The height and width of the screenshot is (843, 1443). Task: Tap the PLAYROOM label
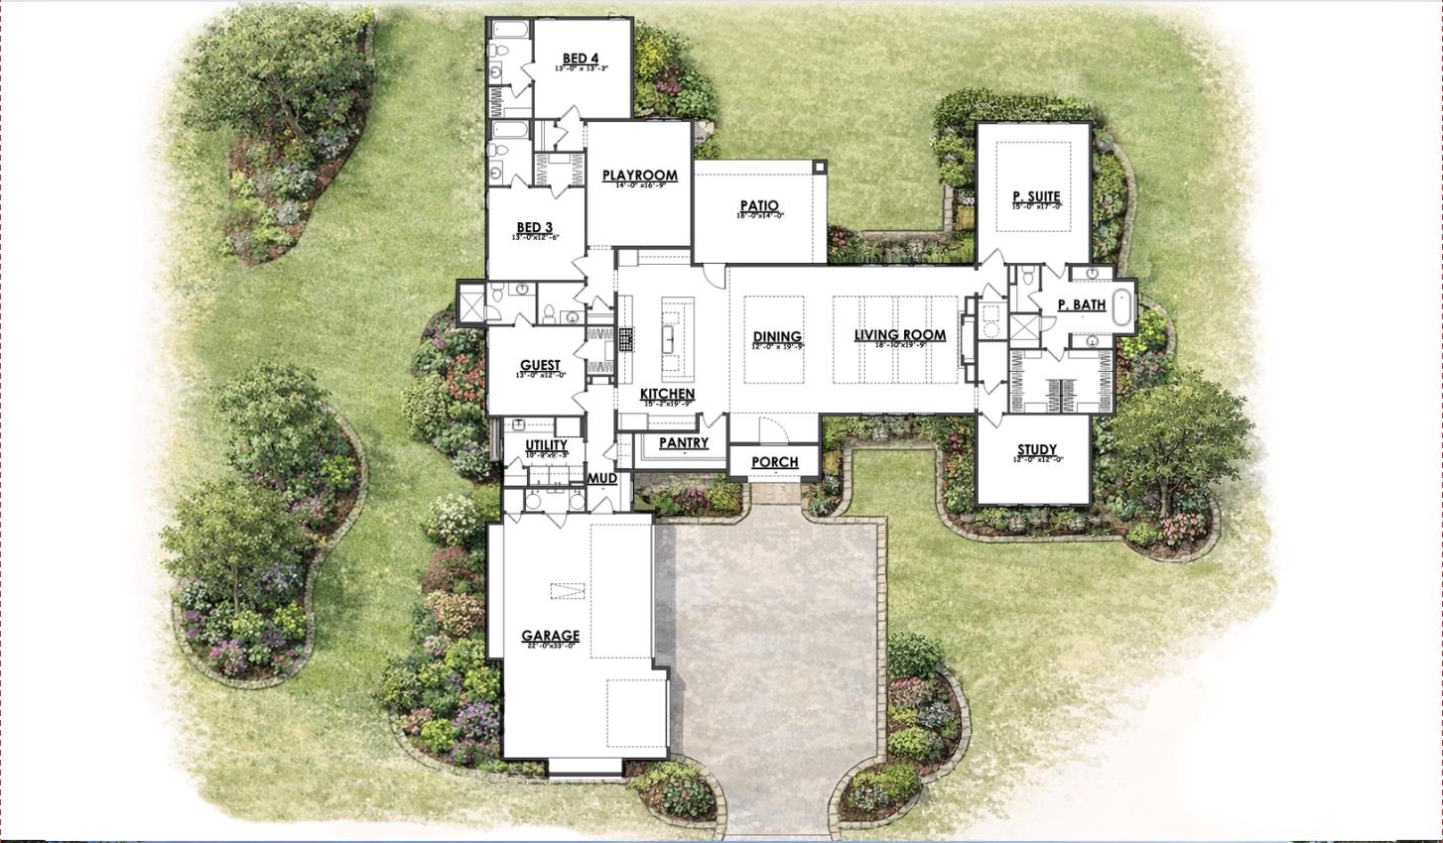(x=639, y=176)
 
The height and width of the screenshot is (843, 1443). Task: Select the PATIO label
(x=758, y=206)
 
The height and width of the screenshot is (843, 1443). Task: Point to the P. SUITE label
(x=1036, y=196)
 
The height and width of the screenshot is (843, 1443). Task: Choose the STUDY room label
(x=1036, y=449)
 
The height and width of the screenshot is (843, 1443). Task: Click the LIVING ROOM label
(x=899, y=335)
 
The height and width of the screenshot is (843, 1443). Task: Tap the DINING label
(x=777, y=337)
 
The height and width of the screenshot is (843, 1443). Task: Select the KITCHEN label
(x=667, y=394)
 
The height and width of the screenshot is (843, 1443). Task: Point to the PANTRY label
(x=683, y=442)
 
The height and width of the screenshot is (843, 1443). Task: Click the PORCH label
(x=774, y=462)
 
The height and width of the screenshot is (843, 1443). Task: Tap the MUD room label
(x=603, y=479)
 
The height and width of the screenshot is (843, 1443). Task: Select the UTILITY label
(x=546, y=445)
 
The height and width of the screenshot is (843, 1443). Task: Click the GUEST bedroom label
(x=540, y=365)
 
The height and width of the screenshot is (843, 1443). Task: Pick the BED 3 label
(x=534, y=227)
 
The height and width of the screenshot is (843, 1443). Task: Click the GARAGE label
(x=550, y=636)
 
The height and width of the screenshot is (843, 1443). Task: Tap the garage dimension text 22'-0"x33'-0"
(x=550, y=647)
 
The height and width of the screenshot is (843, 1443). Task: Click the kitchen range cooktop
(x=626, y=340)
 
